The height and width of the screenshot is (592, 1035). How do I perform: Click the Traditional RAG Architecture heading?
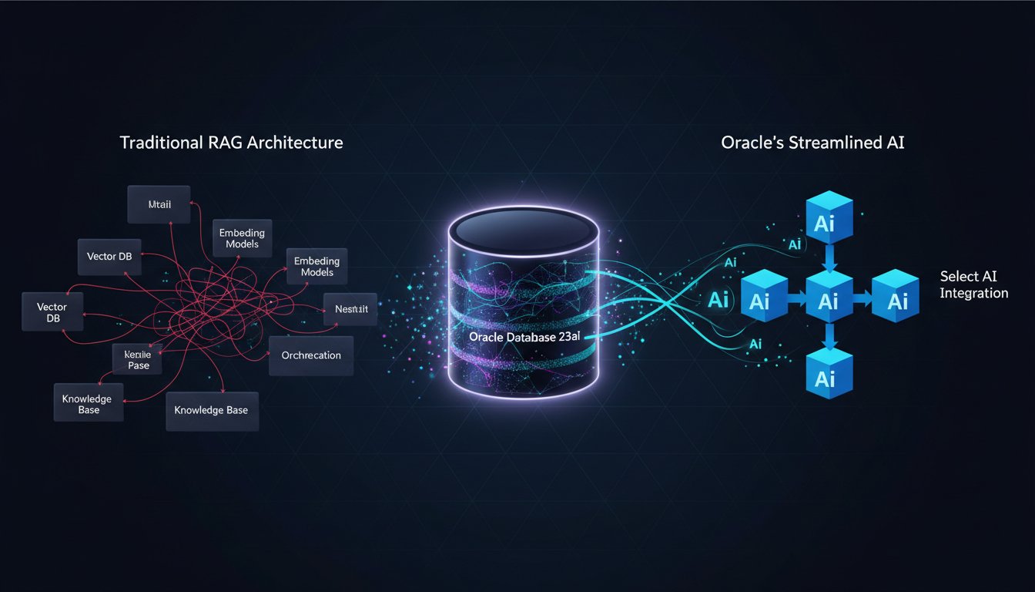coord(231,143)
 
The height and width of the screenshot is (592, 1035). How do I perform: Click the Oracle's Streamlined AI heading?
coord(819,143)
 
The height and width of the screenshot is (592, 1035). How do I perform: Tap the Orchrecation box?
coord(311,355)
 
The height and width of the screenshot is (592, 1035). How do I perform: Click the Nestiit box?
coord(351,310)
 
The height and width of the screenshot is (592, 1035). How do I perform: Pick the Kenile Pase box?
coord(139,359)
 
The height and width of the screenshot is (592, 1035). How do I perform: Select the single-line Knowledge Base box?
coord(212,410)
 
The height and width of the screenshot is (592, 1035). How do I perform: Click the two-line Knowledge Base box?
coord(88,404)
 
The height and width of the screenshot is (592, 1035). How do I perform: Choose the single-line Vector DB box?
coord(109,257)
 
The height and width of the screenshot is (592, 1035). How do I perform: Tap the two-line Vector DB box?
coord(52,312)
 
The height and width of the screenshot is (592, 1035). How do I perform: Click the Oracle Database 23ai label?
coord(524,337)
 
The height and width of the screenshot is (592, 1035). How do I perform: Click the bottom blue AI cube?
coord(826,377)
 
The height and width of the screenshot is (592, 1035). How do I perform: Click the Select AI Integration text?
coord(973,284)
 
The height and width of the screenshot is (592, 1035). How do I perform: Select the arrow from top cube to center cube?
coord(828,257)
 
